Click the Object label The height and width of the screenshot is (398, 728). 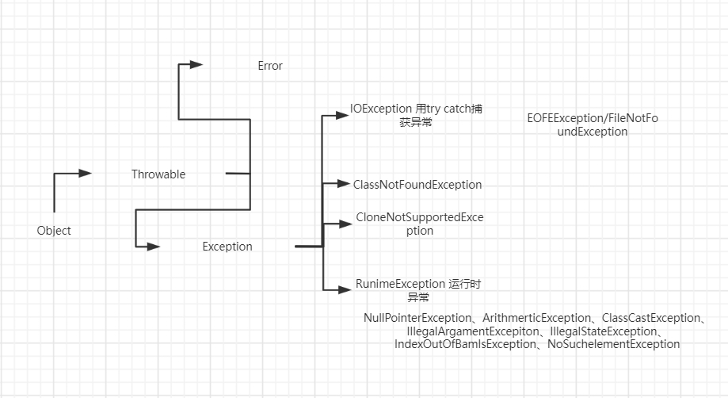pyautogui.click(x=54, y=231)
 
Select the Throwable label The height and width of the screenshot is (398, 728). pyautogui.click(x=158, y=174)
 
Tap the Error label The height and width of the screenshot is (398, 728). pyautogui.click(x=270, y=66)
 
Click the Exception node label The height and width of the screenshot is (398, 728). pyautogui.click(x=227, y=247)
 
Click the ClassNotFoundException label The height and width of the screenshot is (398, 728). pyautogui.click(x=417, y=185)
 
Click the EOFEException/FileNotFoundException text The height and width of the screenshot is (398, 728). pyautogui.click(x=593, y=125)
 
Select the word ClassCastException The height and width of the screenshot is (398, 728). pyautogui.click(x=654, y=318)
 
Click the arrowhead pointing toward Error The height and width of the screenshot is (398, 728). pyautogui.click(x=195, y=65)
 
